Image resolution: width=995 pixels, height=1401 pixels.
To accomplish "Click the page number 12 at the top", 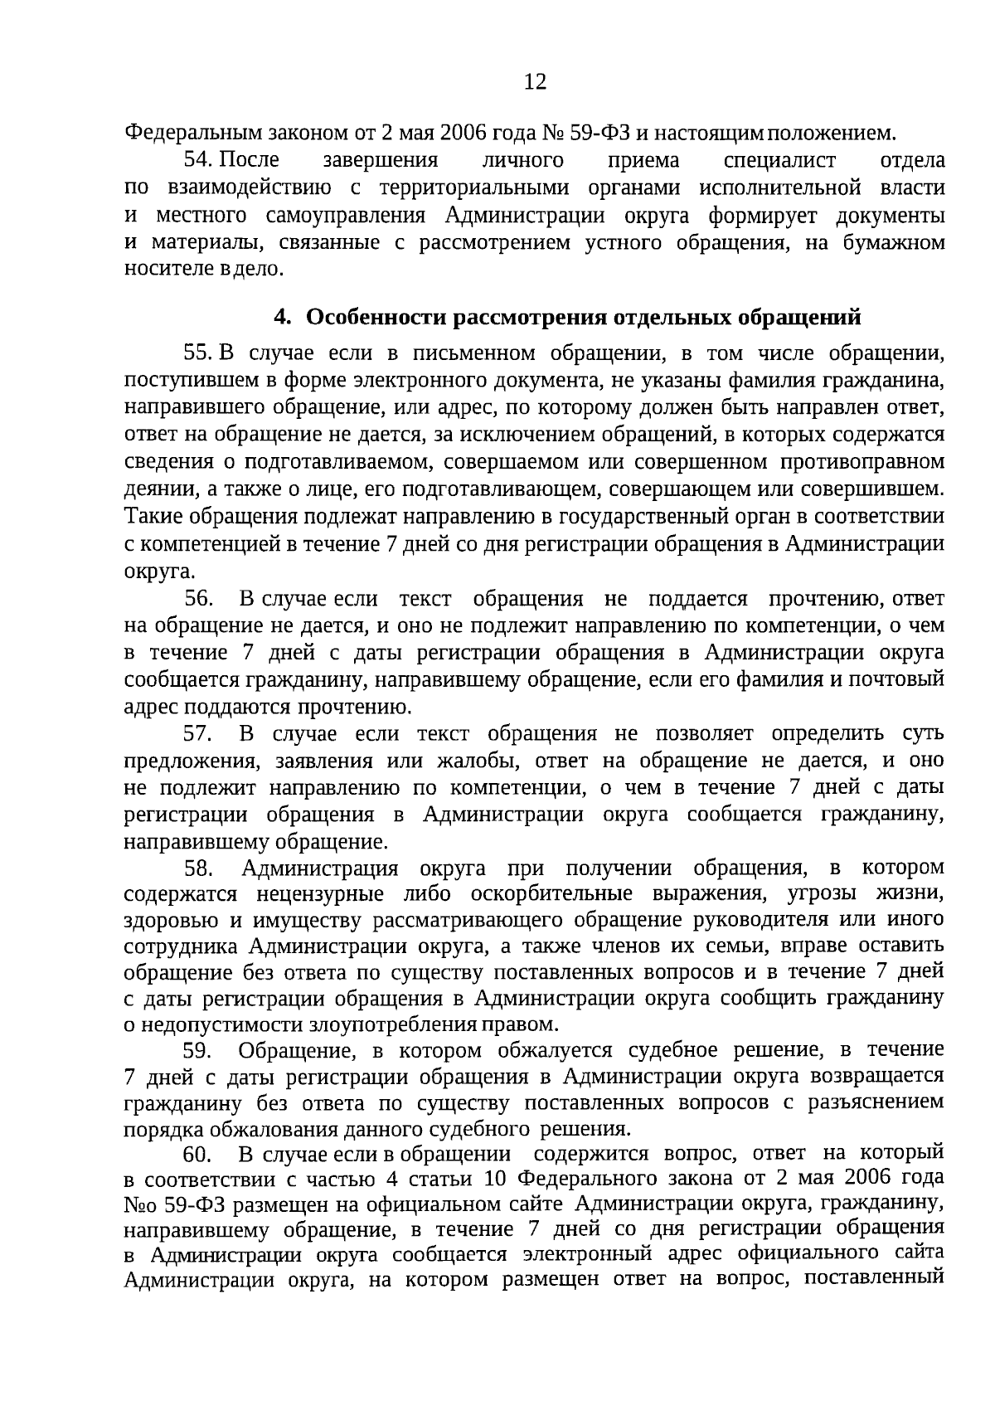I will point(535,81).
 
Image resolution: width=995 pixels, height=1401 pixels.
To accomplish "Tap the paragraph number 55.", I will point(199,354).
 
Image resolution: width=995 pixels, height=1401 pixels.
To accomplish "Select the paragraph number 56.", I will point(199,599).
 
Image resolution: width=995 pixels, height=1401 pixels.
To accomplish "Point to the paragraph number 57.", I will point(199,734).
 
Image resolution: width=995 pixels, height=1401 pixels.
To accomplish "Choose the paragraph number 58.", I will point(199,868).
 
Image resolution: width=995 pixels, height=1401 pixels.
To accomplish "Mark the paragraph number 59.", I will point(199,1051).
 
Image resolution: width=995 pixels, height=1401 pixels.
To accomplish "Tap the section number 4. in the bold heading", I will point(284,318).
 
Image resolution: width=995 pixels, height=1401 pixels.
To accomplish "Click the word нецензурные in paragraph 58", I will point(320,895).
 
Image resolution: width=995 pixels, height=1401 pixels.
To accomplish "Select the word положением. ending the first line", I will point(838,133).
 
